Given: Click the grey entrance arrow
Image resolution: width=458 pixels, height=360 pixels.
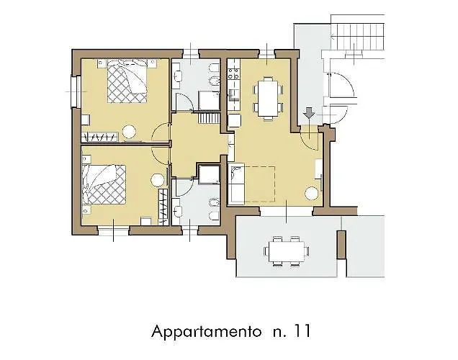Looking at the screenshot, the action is click(309, 113).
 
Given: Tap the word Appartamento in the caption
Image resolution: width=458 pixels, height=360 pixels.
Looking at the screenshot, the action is click(206, 332).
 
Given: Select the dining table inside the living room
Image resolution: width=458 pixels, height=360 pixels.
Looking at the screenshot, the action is click(268, 99).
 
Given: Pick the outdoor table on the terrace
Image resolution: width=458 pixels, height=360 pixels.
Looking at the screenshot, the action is click(287, 251).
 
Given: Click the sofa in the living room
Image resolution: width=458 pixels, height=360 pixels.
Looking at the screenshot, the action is click(236, 184).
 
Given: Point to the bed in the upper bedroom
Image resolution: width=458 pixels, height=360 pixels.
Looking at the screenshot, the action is click(127, 81).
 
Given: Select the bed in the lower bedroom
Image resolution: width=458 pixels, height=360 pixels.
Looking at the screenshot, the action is click(104, 184).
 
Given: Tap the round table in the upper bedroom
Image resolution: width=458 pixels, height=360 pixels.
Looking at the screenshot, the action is click(129, 132).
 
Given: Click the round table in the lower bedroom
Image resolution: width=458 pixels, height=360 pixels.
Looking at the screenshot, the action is click(158, 181).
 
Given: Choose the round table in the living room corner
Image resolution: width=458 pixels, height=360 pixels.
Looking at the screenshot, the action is click(312, 194).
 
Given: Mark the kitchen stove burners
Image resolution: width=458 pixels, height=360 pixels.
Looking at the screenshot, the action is click(233, 74).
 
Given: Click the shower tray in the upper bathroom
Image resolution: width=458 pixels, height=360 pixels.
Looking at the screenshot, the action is click(209, 100).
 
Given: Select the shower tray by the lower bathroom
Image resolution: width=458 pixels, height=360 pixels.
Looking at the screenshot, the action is click(209, 174).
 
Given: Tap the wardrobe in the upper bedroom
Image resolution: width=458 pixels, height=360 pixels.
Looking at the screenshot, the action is click(99, 137).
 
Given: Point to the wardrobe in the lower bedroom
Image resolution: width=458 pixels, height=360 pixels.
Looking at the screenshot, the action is click(163, 207).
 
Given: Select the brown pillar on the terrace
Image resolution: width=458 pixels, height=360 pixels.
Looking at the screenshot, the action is click(341, 245).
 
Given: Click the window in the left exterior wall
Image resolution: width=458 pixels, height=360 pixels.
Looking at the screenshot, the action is click(76, 91).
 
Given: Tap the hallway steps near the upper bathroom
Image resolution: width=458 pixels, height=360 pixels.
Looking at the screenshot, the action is click(209, 119).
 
